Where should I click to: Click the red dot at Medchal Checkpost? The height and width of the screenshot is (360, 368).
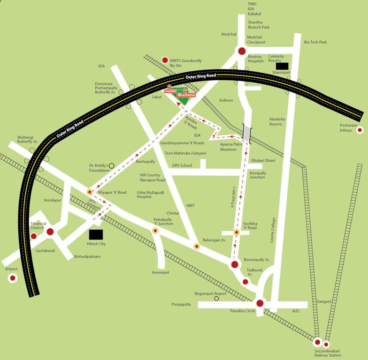coord(242,51)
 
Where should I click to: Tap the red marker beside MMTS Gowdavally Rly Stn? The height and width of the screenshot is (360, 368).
coord(165,60)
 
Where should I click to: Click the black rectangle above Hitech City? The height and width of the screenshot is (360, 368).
coord(96,234)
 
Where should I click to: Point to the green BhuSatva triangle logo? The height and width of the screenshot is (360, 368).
coord(184,100)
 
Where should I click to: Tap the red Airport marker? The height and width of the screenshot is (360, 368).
coord(13,278)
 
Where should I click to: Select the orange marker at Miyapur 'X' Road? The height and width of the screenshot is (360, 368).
coord(90,192)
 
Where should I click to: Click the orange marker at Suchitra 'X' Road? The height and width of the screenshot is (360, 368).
coord(237,232)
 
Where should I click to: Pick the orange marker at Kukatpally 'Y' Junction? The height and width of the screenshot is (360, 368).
coord(155,231)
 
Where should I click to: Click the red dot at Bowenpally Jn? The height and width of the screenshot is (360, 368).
coord(235,265)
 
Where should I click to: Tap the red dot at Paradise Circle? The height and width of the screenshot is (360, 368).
coord(260,303)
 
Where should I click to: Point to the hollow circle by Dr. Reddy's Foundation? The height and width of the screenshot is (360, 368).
coord(112,165)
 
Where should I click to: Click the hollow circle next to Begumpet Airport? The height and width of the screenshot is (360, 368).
coord(216,298)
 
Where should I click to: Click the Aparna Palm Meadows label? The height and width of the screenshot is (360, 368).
coord(232,147)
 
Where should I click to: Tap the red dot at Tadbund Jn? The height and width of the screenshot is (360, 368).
coord(245,282)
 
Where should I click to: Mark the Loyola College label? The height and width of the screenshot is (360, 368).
coord(274,230)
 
